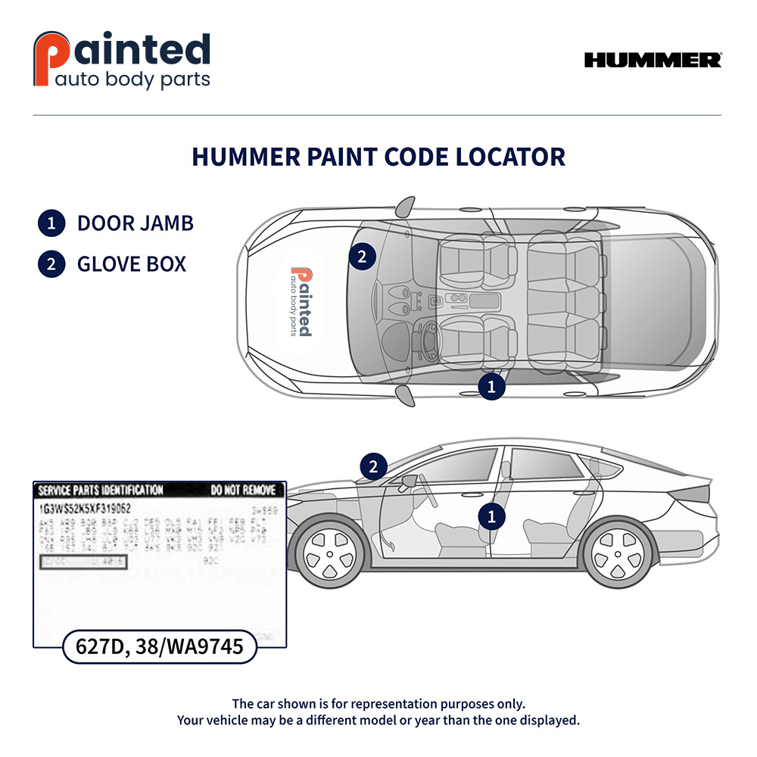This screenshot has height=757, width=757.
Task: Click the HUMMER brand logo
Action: tap(653, 61)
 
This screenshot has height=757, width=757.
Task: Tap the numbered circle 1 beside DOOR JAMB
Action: tap(51, 223)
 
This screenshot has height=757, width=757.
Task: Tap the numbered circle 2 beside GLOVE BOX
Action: tap(51, 264)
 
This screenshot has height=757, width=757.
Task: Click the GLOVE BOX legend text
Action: tap(131, 264)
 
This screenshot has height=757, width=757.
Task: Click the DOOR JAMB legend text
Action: tap(135, 223)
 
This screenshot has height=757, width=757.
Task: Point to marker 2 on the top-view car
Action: tap(362, 257)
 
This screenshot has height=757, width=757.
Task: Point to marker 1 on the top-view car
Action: tap(491, 387)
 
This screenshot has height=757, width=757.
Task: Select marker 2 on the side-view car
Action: tap(372, 466)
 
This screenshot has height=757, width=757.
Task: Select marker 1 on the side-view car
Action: tap(491, 517)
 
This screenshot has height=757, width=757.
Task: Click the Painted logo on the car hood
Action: tap(301, 301)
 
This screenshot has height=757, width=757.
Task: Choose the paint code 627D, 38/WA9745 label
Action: tap(158, 646)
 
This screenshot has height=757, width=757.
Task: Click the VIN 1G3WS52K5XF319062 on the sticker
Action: tap(85, 509)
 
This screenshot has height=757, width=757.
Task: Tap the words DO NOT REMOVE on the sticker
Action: tap(242, 491)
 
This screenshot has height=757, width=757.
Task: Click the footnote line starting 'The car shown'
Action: tap(378, 703)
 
